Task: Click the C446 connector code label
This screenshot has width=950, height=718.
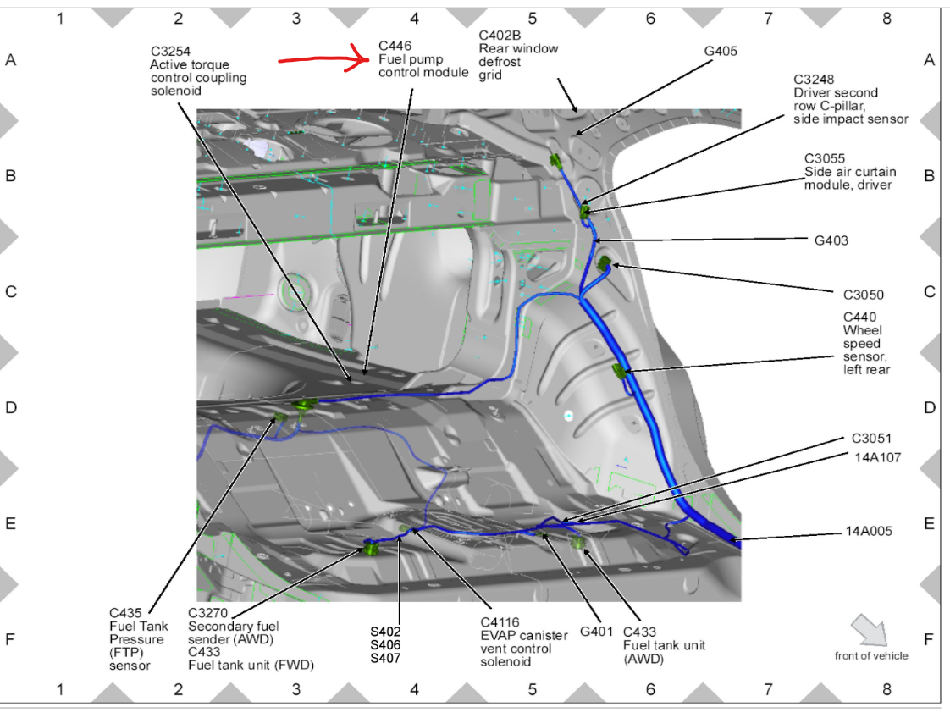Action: point(395,46)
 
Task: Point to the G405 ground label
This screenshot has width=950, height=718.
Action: point(721,51)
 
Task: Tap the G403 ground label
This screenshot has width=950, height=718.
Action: point(831,240)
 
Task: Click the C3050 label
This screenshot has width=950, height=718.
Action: point(863,295)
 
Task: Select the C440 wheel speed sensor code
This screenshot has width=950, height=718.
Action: point(859,318)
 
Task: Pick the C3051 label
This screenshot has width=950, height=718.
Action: point(871,439)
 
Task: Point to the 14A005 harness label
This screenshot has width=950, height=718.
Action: point(869,532)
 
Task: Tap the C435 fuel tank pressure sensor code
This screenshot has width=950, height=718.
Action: point(126,613)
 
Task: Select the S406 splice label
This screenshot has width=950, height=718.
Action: point(385,645)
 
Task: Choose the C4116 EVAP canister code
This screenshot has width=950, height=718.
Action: point(500,622)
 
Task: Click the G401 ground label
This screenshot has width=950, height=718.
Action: point(597,632)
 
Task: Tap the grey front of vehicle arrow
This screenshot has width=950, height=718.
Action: point(870,631)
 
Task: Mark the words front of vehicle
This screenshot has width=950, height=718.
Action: point(870,655)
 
